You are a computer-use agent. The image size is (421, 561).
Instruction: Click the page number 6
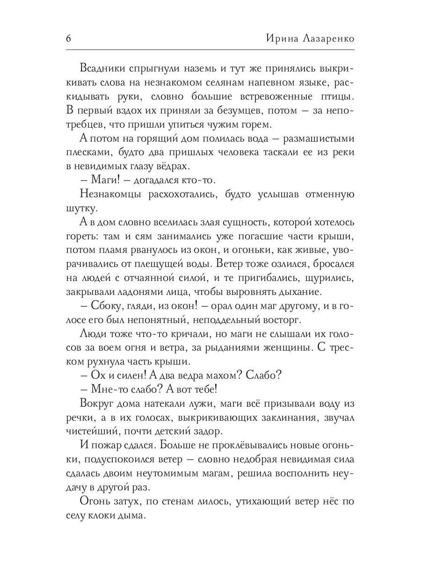pos(69,39)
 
